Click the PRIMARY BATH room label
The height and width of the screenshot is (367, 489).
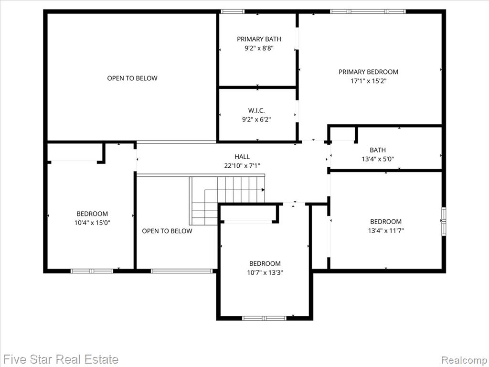(259, 39)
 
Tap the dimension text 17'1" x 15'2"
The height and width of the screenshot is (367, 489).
(368, 81)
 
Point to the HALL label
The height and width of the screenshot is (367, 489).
(242, 157)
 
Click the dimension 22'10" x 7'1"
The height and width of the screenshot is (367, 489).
(242, 166)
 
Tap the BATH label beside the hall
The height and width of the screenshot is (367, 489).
(377, 150)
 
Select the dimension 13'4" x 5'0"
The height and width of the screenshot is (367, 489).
(377, 159)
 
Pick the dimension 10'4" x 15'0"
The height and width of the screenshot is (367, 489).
(92, 223)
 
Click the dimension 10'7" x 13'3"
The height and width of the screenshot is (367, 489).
(265, 272)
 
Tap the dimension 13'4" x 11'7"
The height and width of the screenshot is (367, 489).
(386, 230)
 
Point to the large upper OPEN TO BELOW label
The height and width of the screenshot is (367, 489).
(132, 78)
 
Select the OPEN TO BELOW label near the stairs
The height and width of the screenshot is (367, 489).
(167, 231)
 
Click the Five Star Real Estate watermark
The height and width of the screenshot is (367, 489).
(61, 359)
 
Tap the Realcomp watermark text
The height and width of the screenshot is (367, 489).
(464, 359)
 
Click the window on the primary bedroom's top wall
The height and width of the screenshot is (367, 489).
(368, 11)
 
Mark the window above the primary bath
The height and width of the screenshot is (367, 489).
(233, 11)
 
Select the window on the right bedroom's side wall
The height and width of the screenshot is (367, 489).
(444, 222)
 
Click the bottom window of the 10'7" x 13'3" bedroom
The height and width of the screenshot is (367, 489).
(264, 318)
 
